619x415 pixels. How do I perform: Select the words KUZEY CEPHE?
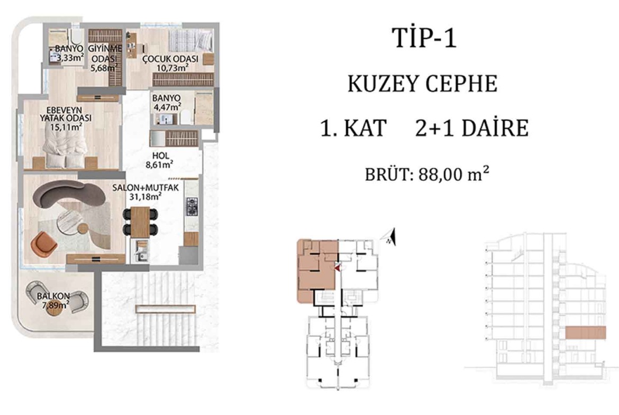click(x=422, y=84)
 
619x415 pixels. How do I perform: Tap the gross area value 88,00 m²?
click(x=454, y=174)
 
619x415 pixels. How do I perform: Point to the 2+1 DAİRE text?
click(x=472, y=128)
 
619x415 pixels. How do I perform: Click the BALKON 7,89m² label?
click(x=53, y=300)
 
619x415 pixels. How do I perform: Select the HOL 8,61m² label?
click(x=160, y=160)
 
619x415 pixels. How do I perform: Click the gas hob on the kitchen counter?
click(x=192, y=207)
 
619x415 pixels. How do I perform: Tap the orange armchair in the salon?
click(x=44, y=243)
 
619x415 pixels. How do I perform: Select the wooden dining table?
click(x=140, y=222)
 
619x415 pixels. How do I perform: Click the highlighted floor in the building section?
click(x=586, y=333)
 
